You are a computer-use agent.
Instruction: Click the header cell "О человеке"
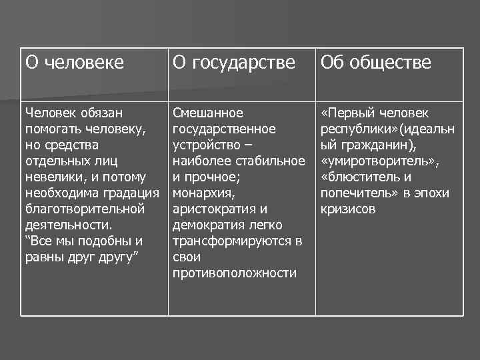coord(75,63)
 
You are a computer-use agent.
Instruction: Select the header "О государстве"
coord(233,63)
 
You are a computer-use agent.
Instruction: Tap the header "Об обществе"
coord(375,63)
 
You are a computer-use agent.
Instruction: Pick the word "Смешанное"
coord(208,113)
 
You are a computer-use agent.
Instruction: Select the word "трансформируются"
coord(231,241)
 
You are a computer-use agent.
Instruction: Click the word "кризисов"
coord(349,209)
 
